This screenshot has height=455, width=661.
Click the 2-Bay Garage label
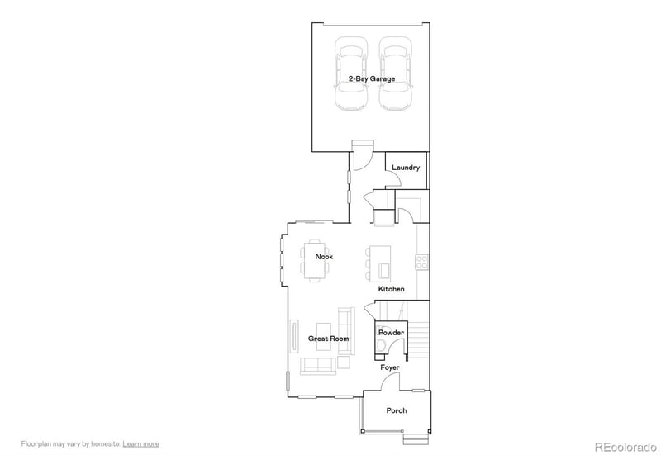[x=371, y=79]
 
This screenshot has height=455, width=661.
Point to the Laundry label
[x=406, y=168]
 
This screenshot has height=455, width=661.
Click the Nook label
[x=324, y=257]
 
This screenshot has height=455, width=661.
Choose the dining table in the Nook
[x=315, y=260]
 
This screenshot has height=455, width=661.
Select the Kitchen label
[x=391, y=290]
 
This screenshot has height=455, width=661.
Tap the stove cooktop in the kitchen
[x=421, y=262]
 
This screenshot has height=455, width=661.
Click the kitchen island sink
[x=384, y=269]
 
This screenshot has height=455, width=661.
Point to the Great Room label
[x=328, y=339]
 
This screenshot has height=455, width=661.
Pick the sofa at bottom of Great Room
[x=317, y=365]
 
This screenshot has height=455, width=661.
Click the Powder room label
[x=391, y=333]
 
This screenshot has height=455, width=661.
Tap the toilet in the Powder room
[x=383, y=344]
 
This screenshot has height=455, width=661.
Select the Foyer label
[x=390, y=367]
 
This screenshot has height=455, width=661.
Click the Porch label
[x=397, y=410]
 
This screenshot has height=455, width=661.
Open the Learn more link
[x=141, y=444]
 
